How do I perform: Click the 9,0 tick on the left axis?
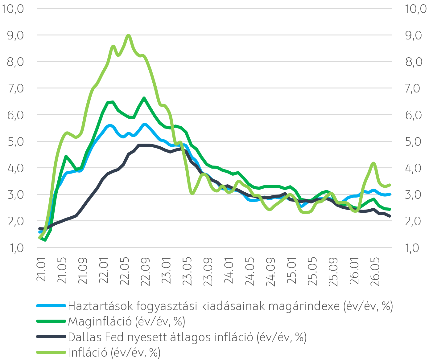tap(15, 35)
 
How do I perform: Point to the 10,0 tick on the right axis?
tap(415, 9)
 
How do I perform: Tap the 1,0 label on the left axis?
tap(16, 248)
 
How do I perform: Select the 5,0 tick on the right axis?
tap(413, 142)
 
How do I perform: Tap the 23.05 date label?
tap(187, 272)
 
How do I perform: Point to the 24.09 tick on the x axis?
tap(270, 272)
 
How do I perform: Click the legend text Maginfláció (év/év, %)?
tap(126, 321)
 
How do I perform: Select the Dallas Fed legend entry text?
tap(187, 337)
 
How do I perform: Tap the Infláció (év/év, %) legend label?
tap(114, 353)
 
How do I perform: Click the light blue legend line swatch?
tap(51, 306)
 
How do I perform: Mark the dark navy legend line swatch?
tap(51, 337)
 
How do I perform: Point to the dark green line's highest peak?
tap(144, 98)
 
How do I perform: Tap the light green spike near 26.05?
tap(373, 163)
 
